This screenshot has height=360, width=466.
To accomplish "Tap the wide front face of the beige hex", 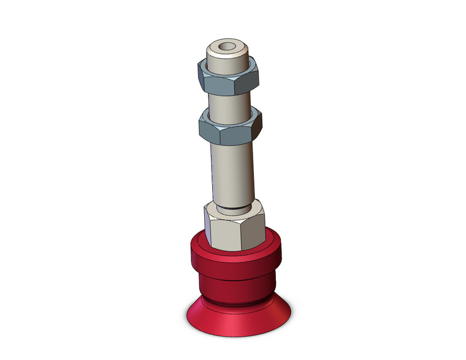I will (230, 233).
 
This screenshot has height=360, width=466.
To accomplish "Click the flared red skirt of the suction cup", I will (235, 319).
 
